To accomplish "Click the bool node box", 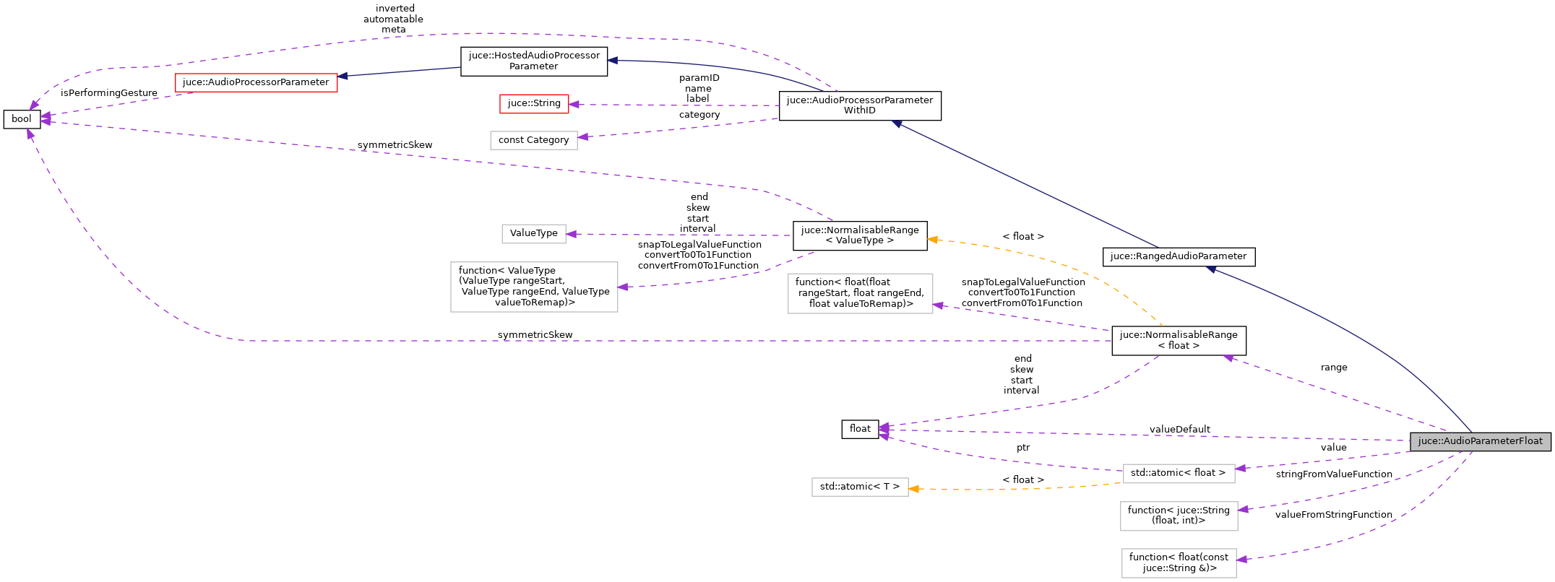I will (22, 119).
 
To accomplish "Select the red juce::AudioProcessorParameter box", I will (256, 82).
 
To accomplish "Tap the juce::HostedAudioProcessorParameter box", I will (534, 61).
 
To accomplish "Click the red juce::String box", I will (534, 103).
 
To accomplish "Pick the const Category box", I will (533, 140).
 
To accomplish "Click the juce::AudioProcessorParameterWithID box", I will (859, 105).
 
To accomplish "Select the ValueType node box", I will (533, 233).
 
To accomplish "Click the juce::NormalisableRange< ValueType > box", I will (859, 235).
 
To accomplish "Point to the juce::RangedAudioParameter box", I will (1178, 256).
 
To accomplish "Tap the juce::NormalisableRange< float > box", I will (1178, 340).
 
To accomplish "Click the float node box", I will (860, 429).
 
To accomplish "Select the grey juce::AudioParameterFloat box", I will (1480, 441).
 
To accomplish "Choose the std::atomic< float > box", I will (1178, 473).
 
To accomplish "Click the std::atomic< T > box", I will (859, 487).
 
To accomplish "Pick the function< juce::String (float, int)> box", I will (1178, 516).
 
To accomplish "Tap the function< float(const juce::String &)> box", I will (1178, 563).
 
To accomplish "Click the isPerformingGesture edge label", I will (109, 93).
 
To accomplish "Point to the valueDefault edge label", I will (1179, 430).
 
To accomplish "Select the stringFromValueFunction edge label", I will (1333, 474).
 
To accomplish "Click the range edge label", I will (1333, 368).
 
